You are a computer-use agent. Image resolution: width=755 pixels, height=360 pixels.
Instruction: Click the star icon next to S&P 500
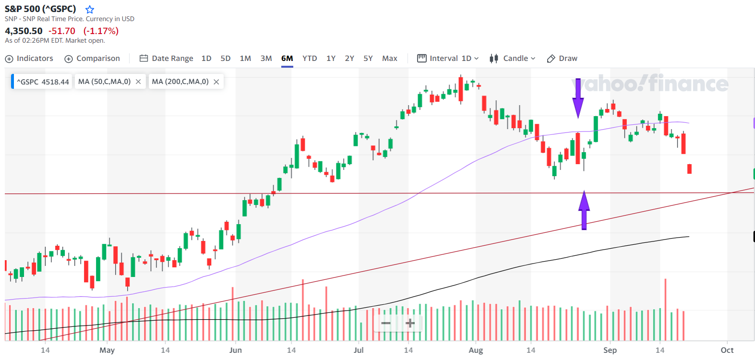(90, 9)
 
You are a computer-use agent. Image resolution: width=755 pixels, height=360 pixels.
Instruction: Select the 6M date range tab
(287, 59)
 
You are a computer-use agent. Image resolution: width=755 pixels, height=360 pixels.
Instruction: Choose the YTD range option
(310, 59)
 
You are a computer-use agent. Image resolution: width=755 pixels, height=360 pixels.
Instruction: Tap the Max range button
(389, 59)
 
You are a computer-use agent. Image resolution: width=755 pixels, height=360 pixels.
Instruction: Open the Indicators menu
(29, 59)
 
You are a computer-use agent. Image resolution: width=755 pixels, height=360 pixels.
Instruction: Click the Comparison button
(92, 59)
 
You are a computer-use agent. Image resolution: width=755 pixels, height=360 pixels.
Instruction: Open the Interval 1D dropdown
(448, 59)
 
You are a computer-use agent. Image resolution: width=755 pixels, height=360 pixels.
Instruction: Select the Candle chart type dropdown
(512, 59)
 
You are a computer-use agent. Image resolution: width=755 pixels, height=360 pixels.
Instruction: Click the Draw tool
(562, 59)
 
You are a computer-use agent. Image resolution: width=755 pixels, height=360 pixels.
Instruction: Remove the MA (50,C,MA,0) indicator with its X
(138, 82)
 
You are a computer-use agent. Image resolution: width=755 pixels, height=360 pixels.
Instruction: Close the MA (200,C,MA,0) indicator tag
(216, 82)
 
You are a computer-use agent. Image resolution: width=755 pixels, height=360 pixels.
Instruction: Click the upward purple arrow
(584, 210)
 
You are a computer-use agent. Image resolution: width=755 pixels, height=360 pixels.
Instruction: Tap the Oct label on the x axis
(727, 350)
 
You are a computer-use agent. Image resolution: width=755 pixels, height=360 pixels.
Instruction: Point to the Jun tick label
(235, 350)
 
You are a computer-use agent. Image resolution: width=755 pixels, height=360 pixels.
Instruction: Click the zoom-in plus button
(410, 324)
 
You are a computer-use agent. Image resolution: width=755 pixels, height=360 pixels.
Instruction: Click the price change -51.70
(62, 31)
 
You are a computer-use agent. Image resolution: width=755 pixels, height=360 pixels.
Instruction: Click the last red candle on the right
(689, 168)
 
